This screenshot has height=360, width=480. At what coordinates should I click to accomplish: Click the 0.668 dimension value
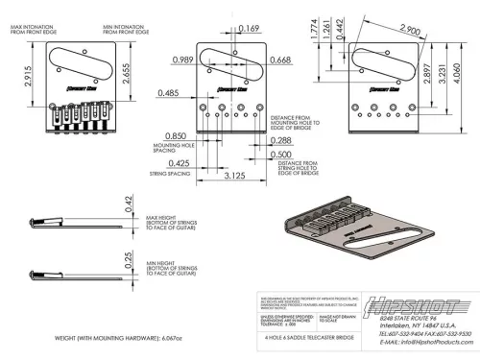[x=280, y=60]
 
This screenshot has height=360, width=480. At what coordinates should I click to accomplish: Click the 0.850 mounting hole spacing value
[x=176, y=135]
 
